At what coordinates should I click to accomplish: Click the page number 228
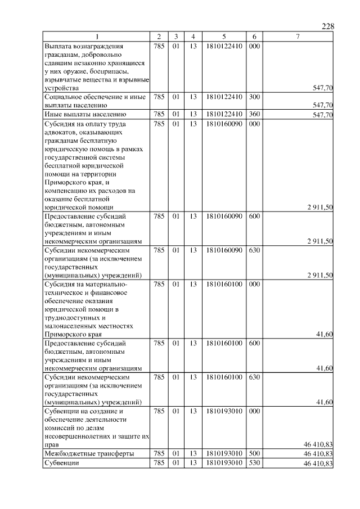point(328,27)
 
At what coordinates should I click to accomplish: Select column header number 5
point(224,37)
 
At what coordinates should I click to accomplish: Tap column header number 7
point(298,37)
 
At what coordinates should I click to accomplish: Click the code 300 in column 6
point(254,97)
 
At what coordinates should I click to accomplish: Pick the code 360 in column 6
point(254,114)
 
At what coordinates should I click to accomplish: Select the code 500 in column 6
point(254,453)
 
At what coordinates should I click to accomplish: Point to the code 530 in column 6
point(254,463)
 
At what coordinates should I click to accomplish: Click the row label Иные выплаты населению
point(81,114)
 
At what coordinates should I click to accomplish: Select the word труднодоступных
point(71,317)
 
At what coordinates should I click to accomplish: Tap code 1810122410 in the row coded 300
point(224,97)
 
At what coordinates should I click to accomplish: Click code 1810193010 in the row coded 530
point(224,463)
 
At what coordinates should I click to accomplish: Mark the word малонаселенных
point(71,326)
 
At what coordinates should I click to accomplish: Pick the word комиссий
point(61,427)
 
